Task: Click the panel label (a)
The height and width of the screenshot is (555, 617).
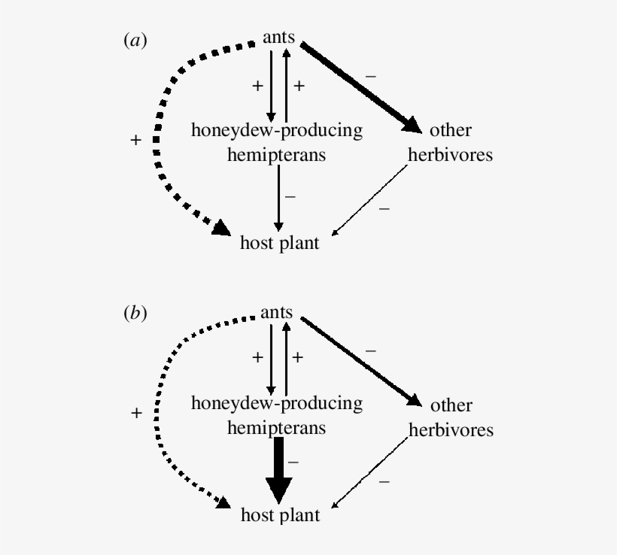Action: (135, 42)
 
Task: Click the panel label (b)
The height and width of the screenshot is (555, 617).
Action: (135, 315)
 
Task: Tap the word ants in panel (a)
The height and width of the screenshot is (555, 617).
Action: (278, 37)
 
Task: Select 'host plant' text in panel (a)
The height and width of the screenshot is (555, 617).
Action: (280, 243)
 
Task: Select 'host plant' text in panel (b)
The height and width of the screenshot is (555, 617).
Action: (280, 516)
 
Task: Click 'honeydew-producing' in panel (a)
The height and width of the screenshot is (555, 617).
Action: (276, 131)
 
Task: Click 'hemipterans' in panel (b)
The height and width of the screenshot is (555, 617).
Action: (276, 428)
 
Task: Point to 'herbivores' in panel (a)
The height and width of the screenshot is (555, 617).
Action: (450, 156)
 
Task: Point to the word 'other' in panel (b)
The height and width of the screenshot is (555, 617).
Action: (451, 406)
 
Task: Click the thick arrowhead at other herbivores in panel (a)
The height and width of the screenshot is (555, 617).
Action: (412, 124)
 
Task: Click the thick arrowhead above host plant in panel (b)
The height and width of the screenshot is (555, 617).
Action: (279, 493)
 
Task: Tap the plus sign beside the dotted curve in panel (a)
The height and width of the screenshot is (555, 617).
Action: (135, 140)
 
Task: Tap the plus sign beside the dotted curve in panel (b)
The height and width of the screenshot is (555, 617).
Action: (135, 413)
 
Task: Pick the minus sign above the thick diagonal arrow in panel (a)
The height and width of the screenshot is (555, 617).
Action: (370, 76)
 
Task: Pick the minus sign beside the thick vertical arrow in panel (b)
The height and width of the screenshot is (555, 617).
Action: (294, 462)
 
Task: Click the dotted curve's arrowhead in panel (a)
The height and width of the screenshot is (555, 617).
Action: (221, 227)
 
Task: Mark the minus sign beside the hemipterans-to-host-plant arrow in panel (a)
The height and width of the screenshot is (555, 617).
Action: (290, 197)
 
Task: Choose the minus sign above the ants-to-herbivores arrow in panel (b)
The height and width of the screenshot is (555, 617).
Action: (370, 350)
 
